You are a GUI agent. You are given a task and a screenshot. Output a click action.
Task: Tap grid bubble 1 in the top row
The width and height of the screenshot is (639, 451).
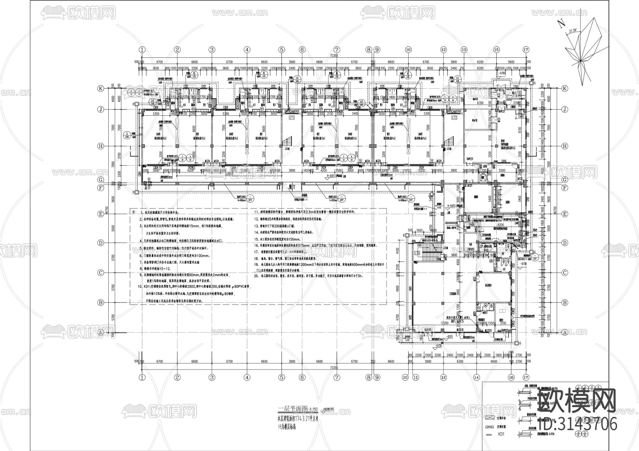[142, 50]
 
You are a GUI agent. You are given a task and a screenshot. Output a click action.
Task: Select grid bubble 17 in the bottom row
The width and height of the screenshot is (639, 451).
[526, 378]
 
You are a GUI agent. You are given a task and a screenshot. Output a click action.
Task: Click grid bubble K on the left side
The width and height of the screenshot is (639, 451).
[101, 89]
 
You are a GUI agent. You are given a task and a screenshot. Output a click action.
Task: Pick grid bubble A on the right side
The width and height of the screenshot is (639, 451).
[564, 332]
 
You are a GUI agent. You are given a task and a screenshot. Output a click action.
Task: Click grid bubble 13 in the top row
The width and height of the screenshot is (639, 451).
[464, 50]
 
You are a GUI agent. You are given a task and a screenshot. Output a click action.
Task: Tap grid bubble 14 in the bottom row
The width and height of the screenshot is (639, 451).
[476, 378]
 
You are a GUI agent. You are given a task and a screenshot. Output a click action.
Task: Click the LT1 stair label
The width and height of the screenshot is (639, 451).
[292, 117]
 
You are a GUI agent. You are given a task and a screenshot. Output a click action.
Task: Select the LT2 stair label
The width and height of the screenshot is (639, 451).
[454, 117]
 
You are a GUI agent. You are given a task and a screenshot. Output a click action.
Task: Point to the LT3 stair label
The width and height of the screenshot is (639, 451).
[417, 252]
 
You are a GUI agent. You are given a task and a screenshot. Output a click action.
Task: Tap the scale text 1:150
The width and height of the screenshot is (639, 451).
[314, 409]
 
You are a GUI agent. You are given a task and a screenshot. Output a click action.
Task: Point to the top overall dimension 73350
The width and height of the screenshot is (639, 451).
[334, 56]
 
